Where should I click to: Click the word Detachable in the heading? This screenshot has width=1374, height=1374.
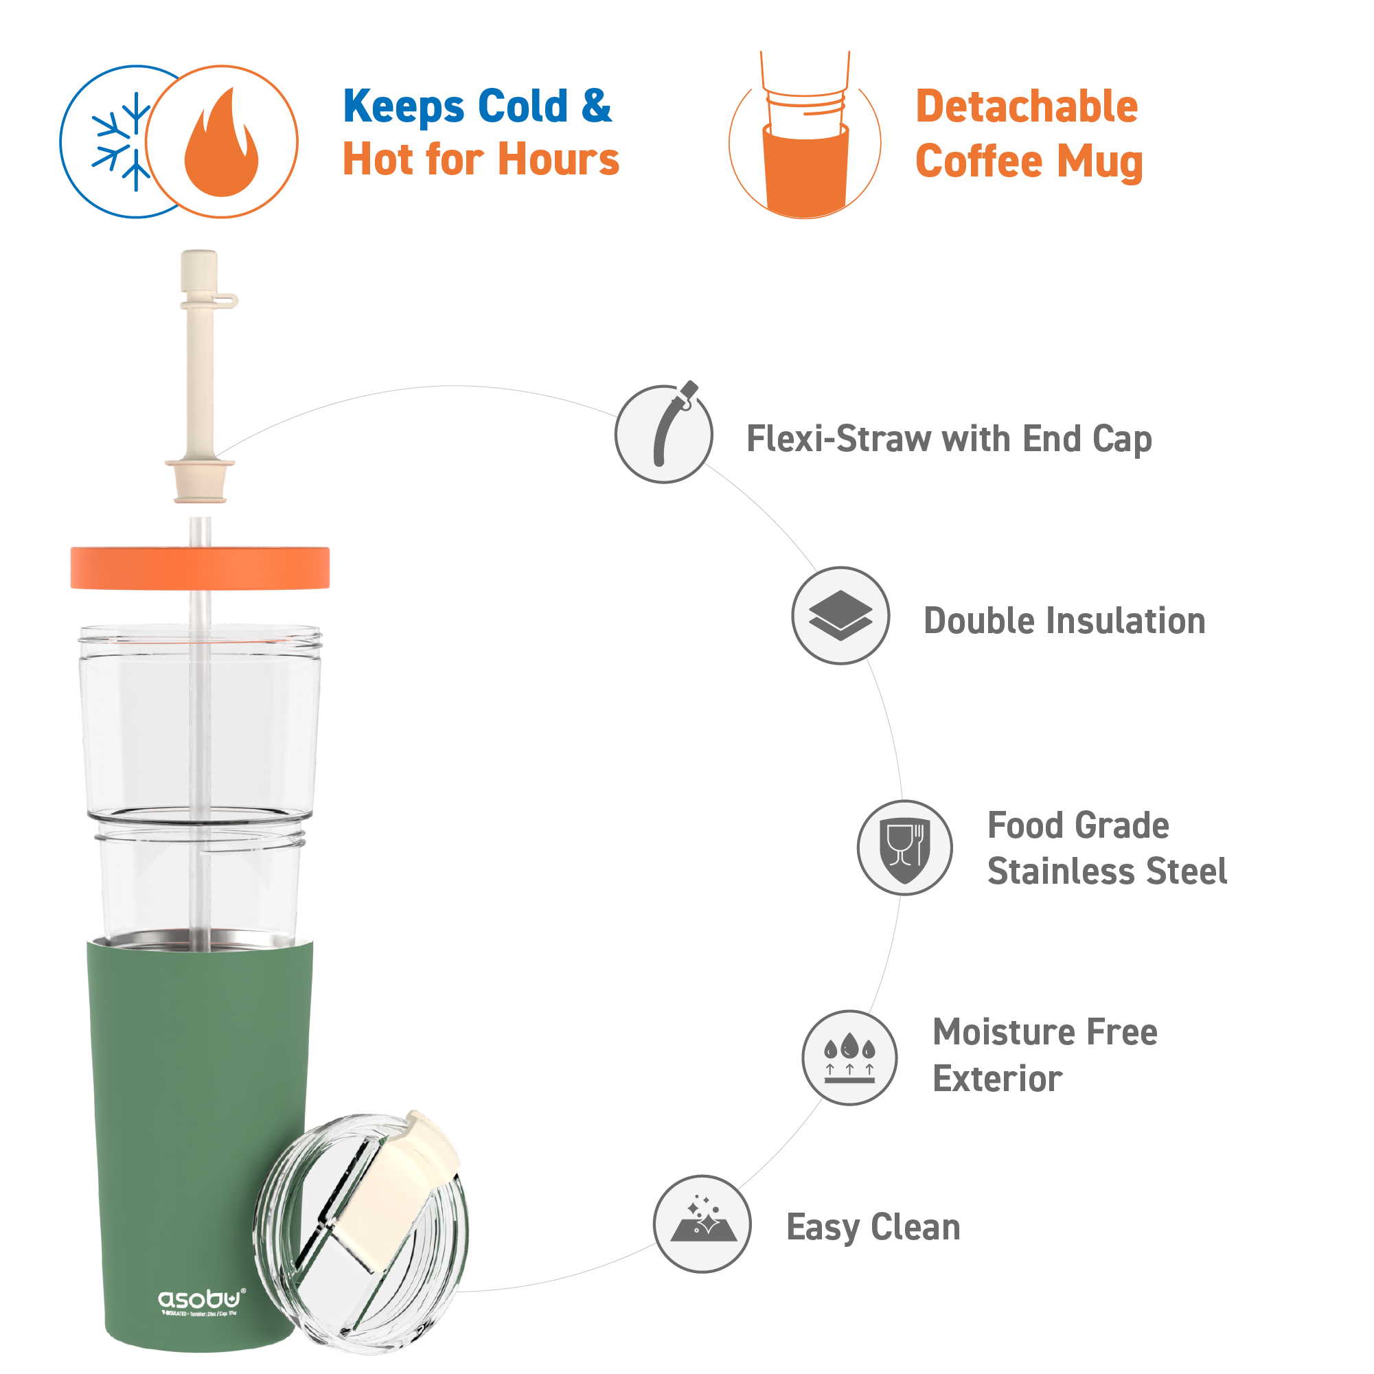(1027, 106)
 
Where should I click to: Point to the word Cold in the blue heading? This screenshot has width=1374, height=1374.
(523, 106)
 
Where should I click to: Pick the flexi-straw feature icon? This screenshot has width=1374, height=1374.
(663, 434)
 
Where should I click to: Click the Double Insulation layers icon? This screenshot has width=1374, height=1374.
(840, 616)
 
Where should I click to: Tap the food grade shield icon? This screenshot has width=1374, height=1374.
(904, 847)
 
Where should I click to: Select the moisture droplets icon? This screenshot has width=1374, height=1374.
(849, 1057)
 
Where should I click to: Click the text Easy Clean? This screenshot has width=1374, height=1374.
(873, 1227)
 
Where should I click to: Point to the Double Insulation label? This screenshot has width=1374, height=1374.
(1064, 621)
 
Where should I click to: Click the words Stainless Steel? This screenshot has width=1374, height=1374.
(1107, 871)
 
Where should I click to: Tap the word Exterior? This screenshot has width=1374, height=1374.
(997, 1079)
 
